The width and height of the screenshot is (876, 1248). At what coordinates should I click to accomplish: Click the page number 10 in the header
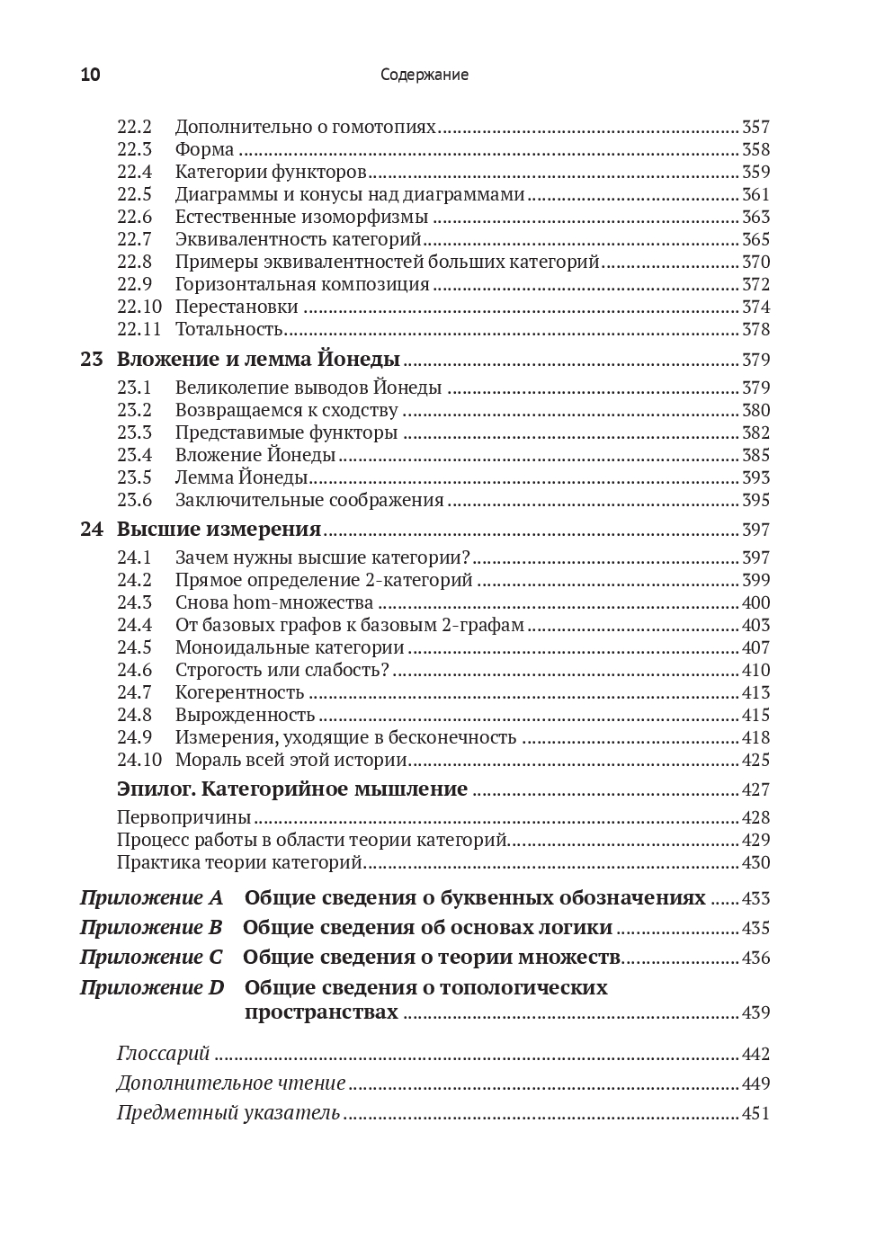[90, 75]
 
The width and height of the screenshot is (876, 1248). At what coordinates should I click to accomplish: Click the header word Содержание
[424, 75]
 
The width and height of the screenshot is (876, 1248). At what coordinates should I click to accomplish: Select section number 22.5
[134, 194]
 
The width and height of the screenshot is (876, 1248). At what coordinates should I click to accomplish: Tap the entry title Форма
[204, 149]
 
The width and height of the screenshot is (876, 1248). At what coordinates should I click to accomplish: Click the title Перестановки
[237, 307]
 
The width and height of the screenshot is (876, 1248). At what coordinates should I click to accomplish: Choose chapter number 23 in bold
[91, 360]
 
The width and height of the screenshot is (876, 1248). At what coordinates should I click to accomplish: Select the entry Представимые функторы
[286, 432]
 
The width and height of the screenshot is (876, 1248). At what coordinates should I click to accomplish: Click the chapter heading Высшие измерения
[219, 529]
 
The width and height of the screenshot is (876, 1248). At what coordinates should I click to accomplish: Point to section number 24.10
[139, 760]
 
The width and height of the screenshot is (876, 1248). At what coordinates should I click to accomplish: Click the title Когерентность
[239, 692]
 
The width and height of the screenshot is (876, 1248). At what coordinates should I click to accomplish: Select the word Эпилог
[155, 789]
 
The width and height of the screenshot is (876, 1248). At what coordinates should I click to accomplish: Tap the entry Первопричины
[183, 817]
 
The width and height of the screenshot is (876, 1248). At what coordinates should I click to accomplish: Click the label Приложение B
[150, 928]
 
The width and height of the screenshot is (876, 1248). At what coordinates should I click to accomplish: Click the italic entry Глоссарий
[163, 1054]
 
